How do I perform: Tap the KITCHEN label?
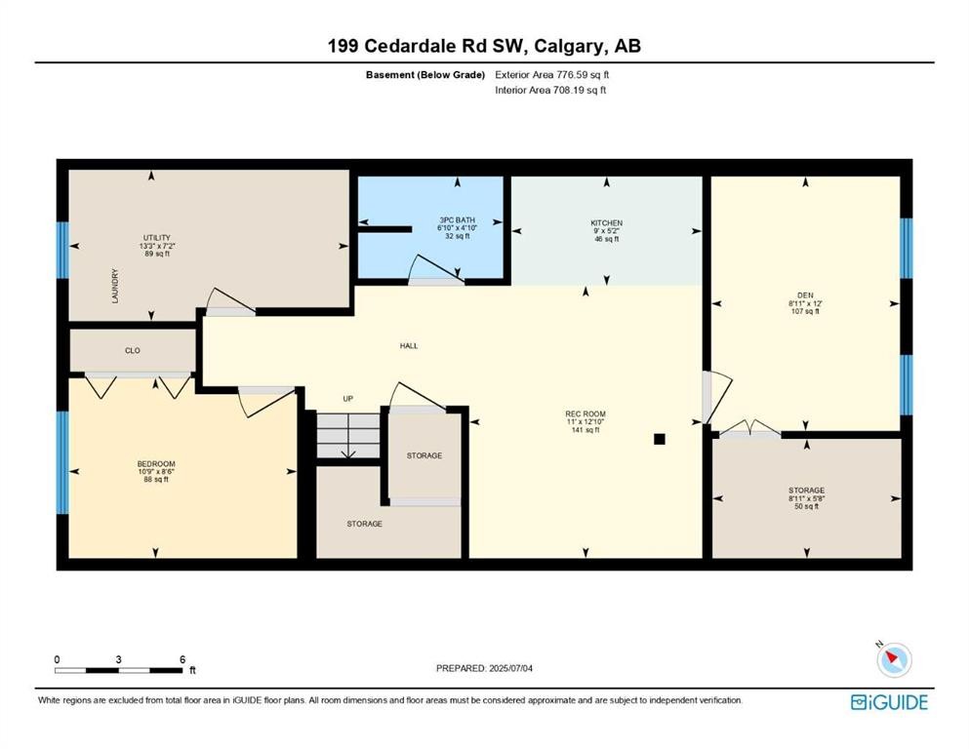(606, 223)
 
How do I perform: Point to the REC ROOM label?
(585, 414)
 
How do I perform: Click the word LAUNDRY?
(114, 287)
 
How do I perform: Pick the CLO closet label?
(133, 348)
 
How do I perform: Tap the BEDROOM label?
(156, 463)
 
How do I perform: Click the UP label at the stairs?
(347, 399)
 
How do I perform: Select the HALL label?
(409, 345)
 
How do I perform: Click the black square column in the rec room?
(660, 439)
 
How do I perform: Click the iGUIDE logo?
(889, 701)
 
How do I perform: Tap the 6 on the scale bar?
(182, 659)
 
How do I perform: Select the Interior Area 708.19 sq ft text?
(551, 91)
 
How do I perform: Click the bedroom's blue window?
(62, 462)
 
